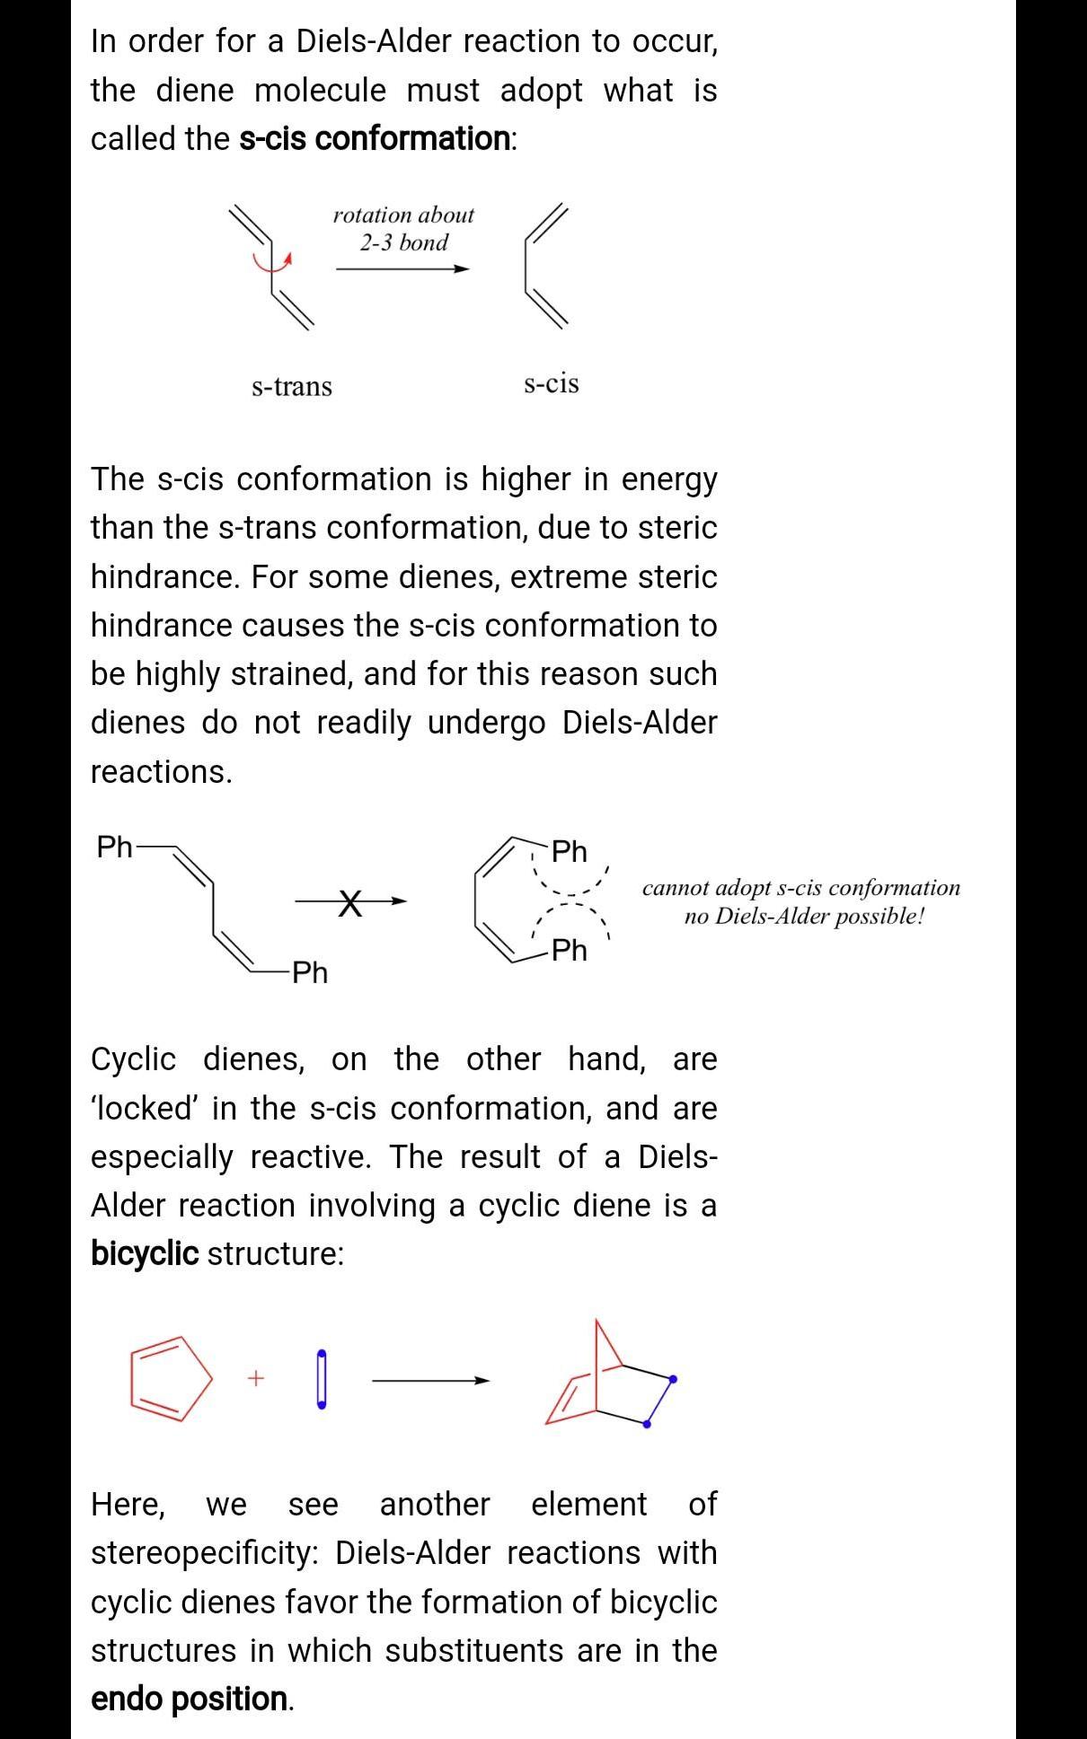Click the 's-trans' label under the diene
coord(292,387)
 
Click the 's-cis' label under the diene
coord(551,383)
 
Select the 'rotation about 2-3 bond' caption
coord(403,228)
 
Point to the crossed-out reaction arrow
coord(351,901)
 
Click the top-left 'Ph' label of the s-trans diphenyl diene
coord(114,847)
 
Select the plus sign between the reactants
coord(256,1377)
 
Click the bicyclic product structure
coord(611,1378)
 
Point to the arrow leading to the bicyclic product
coord(431,1380)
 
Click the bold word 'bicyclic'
coord(145,1253)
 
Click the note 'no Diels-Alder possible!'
coord(804,917)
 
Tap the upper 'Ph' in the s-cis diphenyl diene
coord(569,850)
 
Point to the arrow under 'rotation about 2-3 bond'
coord(403,268)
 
